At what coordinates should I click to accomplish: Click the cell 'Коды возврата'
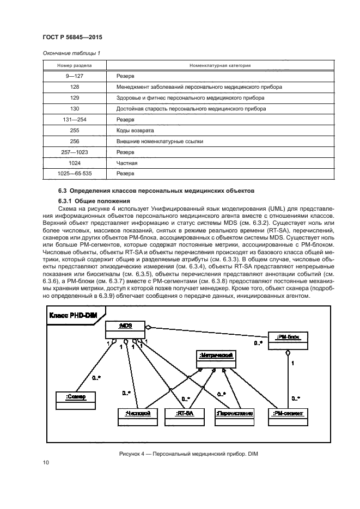click(135, 130)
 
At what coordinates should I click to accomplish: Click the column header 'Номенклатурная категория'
click(219, 65)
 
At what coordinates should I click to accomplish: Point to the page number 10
click(46, 463)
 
